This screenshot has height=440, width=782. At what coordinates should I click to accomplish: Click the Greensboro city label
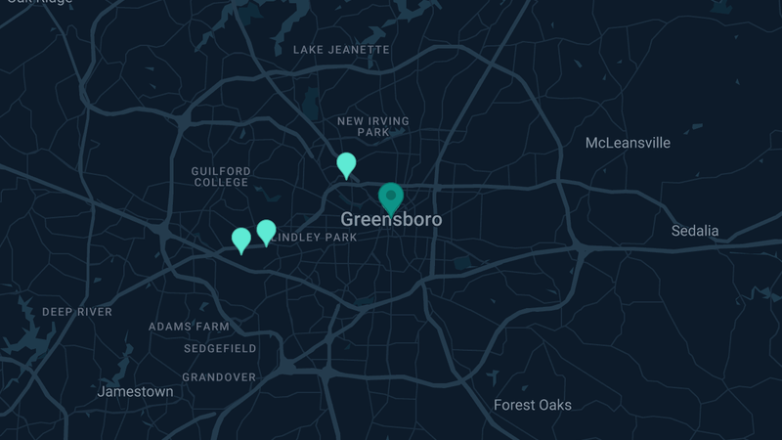(x=391, y=220)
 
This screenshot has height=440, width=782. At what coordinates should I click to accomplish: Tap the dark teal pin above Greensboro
(x=391, y=198)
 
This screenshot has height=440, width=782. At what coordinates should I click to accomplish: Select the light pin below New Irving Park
(x=346, y=164)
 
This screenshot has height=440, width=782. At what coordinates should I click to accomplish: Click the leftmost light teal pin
(x=241, y=240)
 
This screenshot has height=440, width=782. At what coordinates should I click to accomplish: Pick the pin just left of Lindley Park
(x=266, y=232)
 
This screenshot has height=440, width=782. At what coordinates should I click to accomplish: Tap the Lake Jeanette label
(x=341, y=49)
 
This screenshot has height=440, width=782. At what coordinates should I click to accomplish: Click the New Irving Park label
(x=373, y=126)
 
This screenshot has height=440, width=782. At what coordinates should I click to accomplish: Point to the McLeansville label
(x=628, y=143)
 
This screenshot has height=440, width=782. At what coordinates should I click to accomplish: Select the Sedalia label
(x=694, y=231)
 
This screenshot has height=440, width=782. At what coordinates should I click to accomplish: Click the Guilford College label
(x=221, y=177)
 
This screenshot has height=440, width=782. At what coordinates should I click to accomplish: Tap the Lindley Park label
(x=315, y=238)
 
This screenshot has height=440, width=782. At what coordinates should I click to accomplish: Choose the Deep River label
(x=77, y=312)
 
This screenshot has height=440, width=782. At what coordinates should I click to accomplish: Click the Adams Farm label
(x=189, y=327)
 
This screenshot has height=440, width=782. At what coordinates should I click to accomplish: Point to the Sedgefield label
(x=220, y=348)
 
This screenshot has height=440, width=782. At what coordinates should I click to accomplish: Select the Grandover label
(x=219, y=376)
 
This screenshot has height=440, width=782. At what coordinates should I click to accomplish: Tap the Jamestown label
(x=135, y=391)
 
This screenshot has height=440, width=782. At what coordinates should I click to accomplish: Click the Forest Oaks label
(x=532, y=405)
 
